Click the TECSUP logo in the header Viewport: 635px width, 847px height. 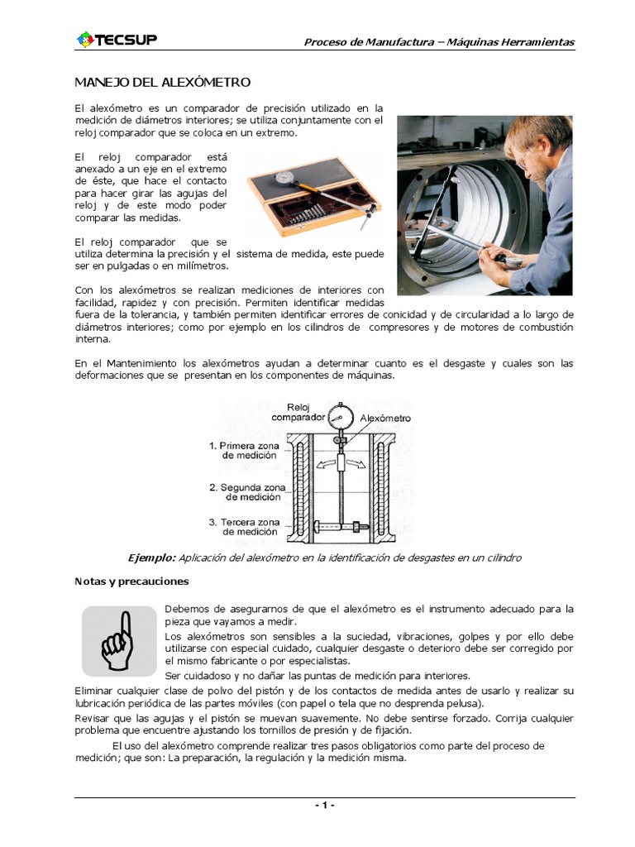(x=116, y=40)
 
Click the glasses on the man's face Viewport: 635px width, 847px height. (x=523, y=154)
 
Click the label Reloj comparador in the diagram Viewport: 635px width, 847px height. (x=298, y=412)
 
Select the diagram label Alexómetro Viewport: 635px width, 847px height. (x=384, y=419)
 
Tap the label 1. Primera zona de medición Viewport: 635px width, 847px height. (x=245, y=450)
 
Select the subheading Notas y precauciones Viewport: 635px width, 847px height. (x=131, y=581)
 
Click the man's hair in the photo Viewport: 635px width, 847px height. (x=542, y=124)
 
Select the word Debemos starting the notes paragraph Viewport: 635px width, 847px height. (x=189, y=610)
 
